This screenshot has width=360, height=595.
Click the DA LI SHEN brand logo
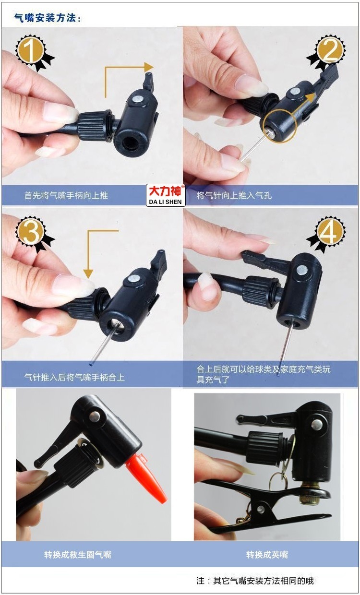(x=166, y=195)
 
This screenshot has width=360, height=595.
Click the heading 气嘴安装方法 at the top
(x=48, y=18)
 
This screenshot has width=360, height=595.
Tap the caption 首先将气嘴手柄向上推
(x=66, y=195)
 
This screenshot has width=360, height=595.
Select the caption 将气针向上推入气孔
(x=234, y=195)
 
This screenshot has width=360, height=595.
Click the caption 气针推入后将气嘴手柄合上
(x=74, y=377)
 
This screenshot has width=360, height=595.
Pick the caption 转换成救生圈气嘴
(x=78, y=555)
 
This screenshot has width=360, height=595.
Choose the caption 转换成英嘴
(x=267, y=555)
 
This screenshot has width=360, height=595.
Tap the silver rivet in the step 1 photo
(x=138, y=100)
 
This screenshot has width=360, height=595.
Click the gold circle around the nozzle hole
(x=279, y=126)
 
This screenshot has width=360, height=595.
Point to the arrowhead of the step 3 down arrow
(x=88, y=274)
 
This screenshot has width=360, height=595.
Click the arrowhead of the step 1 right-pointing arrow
(x=149, y=67)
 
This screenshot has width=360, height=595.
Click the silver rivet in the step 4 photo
(x=302, y=270)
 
